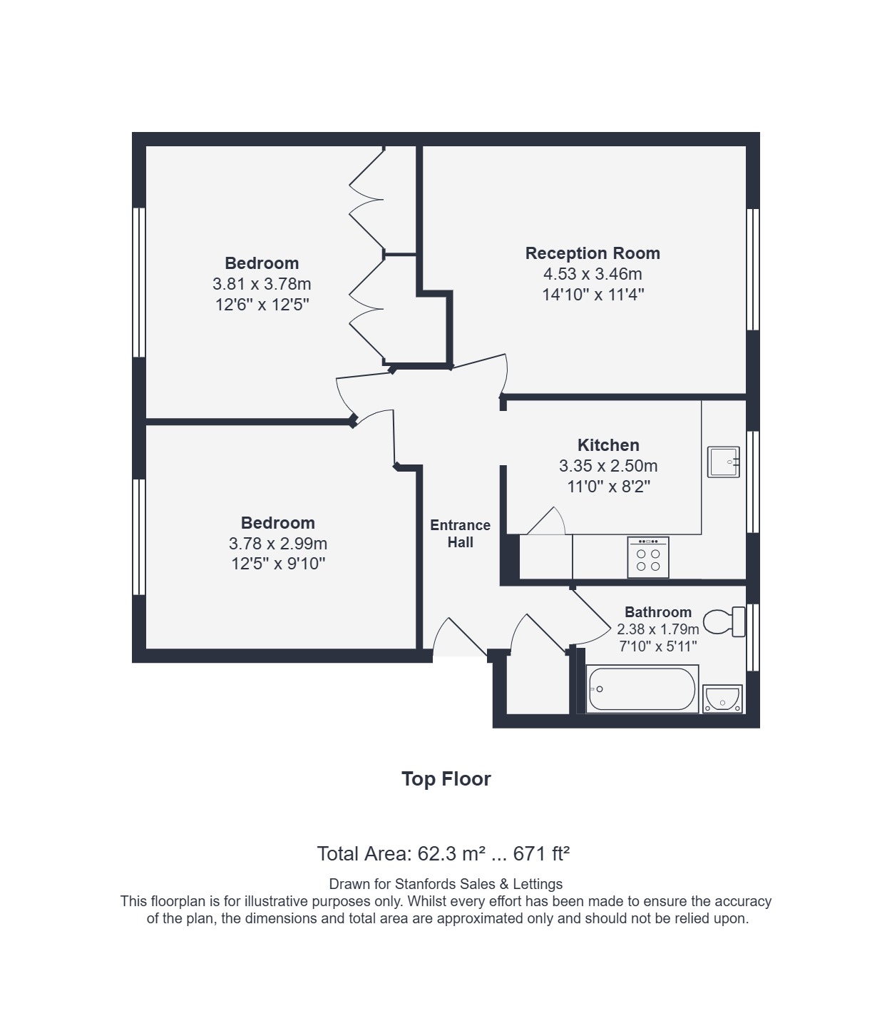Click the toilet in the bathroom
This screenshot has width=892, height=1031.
[724, 621]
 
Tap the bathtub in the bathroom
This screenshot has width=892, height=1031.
[642, 689]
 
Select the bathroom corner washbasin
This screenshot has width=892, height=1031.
[722, 699]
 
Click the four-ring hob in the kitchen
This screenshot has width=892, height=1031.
[648, 557]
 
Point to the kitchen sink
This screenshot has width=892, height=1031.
[724, 462]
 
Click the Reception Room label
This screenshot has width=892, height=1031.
[593, 253]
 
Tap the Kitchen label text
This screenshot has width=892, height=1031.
[608, 445]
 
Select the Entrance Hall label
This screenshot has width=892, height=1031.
[460, 533]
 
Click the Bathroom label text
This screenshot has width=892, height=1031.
[658, 612]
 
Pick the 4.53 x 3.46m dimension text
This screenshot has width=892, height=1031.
[593, 274]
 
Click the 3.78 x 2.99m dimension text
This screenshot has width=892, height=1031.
[277, 543]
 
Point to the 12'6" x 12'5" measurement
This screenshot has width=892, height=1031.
[262, 304]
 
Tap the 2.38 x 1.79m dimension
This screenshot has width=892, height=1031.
[658, 629]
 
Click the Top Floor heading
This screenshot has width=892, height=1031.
[446, 778]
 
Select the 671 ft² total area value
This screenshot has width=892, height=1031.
[541, 854]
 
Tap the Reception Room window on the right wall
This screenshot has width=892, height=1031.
[753, 270]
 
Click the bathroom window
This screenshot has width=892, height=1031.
[753, 637]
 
